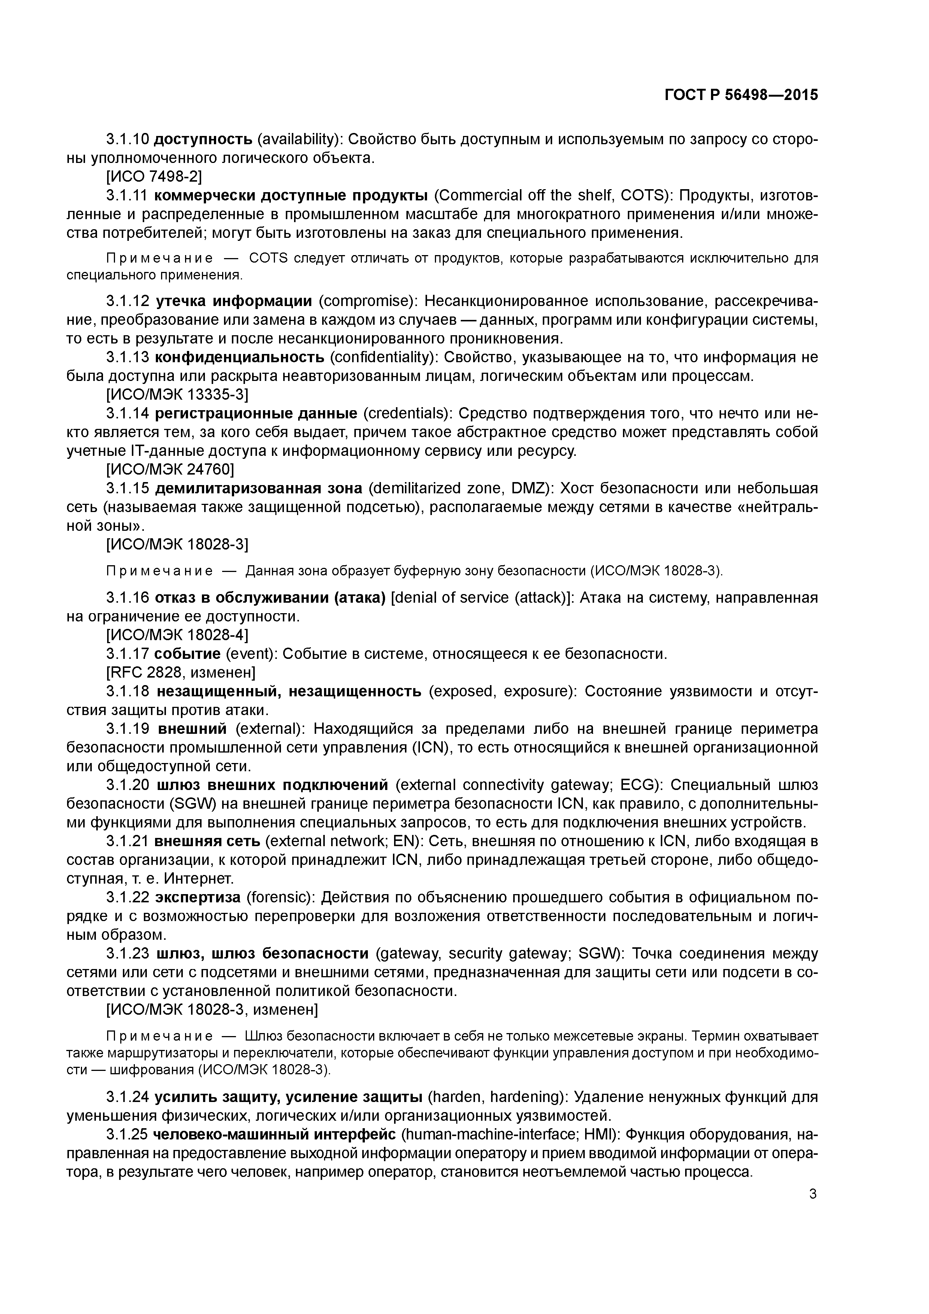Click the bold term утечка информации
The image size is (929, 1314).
[x=233, y=300]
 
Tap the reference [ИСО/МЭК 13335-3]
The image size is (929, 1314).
[x=178, y=394]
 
